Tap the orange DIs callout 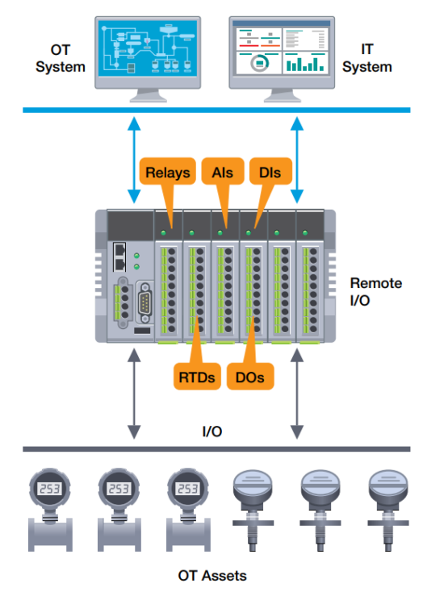tap(270, 171)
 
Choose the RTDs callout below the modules tap(197, 376)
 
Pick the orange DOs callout tap(252, 376)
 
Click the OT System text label tap(61, 59)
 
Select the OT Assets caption tap(212, 575)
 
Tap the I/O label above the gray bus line tap(212, 432)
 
